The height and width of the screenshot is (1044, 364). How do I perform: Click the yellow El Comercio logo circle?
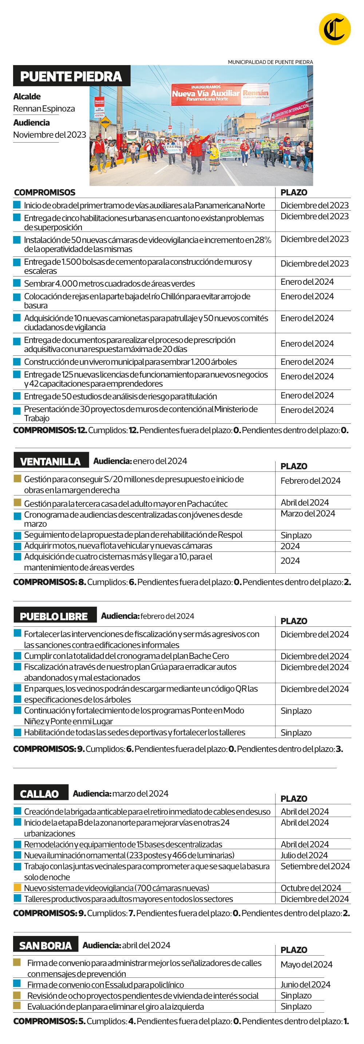(335, 29)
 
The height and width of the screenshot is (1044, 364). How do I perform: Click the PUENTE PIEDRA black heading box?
(71, 76)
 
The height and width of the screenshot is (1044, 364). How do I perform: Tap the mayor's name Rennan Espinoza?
(44, 109)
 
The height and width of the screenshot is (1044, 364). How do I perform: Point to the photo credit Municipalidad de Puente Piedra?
(270, 62)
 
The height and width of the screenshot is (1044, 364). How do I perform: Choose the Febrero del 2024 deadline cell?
(310, 481)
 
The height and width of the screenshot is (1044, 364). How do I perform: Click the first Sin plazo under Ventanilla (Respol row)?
(296, 535)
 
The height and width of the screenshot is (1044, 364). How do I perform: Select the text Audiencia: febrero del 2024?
(147, 616)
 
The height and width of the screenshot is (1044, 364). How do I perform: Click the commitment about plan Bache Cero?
(126, 656)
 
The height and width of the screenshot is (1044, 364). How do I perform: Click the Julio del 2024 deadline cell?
(304, 855)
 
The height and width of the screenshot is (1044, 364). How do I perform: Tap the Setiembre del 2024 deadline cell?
(314, 866)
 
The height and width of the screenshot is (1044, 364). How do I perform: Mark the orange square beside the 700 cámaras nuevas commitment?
(17, 888)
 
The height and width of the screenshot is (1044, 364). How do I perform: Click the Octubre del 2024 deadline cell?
(310, 888)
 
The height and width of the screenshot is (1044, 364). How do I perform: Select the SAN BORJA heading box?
(45, 945)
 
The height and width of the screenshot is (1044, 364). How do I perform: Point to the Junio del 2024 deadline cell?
(305, 984)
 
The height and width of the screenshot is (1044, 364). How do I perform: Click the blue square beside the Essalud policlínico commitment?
(17, 984)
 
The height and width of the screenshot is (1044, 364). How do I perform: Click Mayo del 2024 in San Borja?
(306, 965)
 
